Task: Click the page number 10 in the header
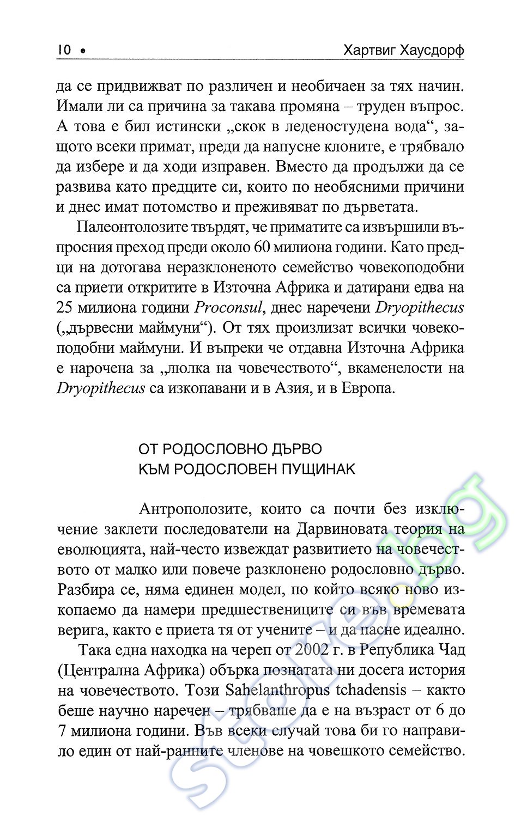[x=64, y=50]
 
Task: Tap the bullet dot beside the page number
[x=83, y=51]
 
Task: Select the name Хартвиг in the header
[x=369, y=50]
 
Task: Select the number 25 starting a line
[x=65, y=307]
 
